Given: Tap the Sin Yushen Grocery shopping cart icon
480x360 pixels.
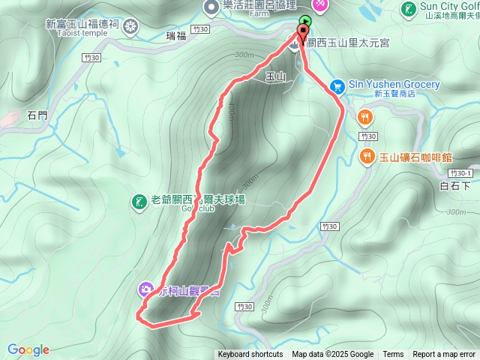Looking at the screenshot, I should click(x=337, y=86).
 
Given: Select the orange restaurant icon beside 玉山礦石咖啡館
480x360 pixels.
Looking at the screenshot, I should click(x=367, y=156).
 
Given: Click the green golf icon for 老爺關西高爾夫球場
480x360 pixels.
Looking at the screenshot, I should click(x=139, y=201).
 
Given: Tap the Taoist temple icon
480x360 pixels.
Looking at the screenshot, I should click(x=131, y=28).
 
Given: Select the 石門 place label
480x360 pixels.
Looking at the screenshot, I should click(x=36, y=115).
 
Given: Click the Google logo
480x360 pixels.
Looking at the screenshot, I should click(x=28, y=349).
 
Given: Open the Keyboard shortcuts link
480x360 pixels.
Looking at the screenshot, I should click(x=250, y=355).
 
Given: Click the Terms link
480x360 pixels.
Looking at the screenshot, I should click(x=393, y=355).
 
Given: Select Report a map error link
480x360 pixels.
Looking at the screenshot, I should click(x=444, y=355).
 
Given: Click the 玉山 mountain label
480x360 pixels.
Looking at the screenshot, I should click(x=275, y=76).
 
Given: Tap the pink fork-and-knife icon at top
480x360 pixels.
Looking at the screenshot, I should click(x=320, y=4).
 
